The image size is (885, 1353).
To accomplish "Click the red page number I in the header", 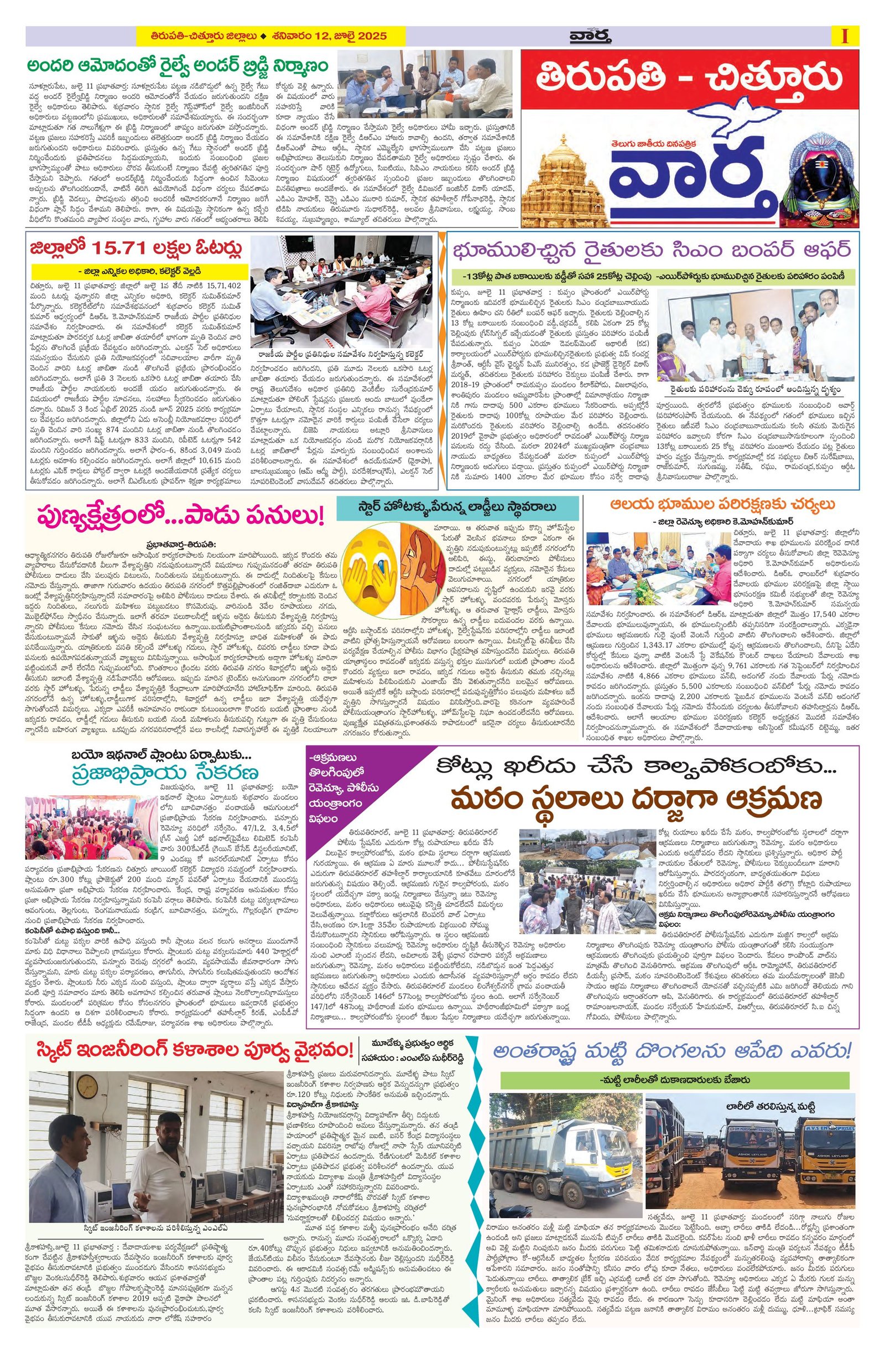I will (x=845, y=36).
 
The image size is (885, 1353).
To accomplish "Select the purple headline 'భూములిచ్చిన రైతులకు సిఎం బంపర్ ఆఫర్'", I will (x=652, y=250).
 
